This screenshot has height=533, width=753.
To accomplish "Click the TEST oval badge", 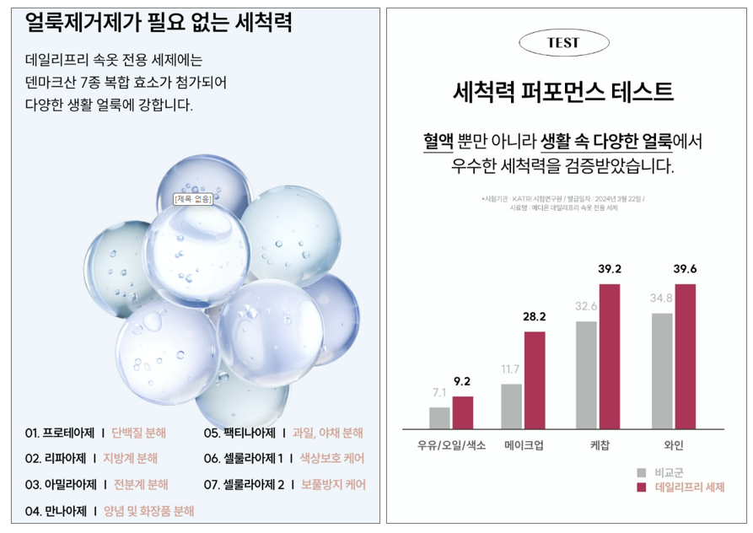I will (x=563, y=42).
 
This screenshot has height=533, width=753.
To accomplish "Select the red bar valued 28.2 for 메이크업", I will (x=535, y=380).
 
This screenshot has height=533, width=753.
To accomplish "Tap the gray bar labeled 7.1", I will (x=439, y=418).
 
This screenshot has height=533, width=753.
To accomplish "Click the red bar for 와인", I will (x=685, y=357).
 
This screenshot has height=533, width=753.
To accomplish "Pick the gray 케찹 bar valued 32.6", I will (x=586, y=375).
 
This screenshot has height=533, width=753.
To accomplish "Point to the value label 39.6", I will (x=685, y=269).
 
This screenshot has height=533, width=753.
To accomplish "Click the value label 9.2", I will (x=461, y=381).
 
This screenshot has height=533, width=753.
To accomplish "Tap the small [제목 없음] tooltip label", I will (x=193, y=199).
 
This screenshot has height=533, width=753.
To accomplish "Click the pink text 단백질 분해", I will (x=139, y=433).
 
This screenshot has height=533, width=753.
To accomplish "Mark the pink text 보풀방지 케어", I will (x=333, y=485).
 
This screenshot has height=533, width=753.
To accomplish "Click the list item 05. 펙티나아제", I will (x=239, y=433).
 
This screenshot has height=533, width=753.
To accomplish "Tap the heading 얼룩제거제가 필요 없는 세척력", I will (x=159, y=23).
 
